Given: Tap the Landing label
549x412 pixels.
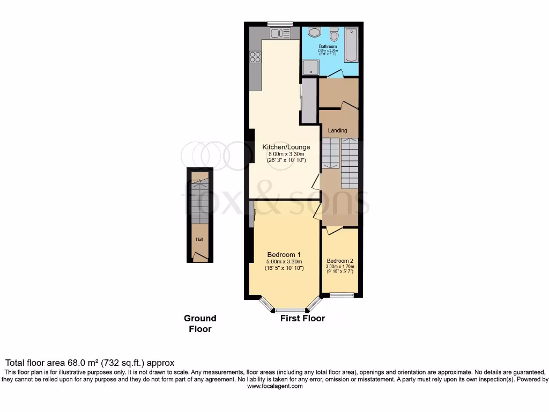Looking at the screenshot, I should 337,130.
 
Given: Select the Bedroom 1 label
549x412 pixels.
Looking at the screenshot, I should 284,254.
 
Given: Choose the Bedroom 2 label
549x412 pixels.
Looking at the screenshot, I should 340,261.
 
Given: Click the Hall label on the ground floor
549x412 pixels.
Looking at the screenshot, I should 199,240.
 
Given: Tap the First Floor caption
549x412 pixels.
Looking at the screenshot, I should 302,318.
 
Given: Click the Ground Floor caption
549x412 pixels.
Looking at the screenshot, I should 200,323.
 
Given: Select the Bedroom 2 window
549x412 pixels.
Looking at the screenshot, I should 342,295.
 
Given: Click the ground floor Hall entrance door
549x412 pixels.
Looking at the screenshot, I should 199,257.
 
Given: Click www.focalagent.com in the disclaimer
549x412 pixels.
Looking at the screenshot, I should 274,386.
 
